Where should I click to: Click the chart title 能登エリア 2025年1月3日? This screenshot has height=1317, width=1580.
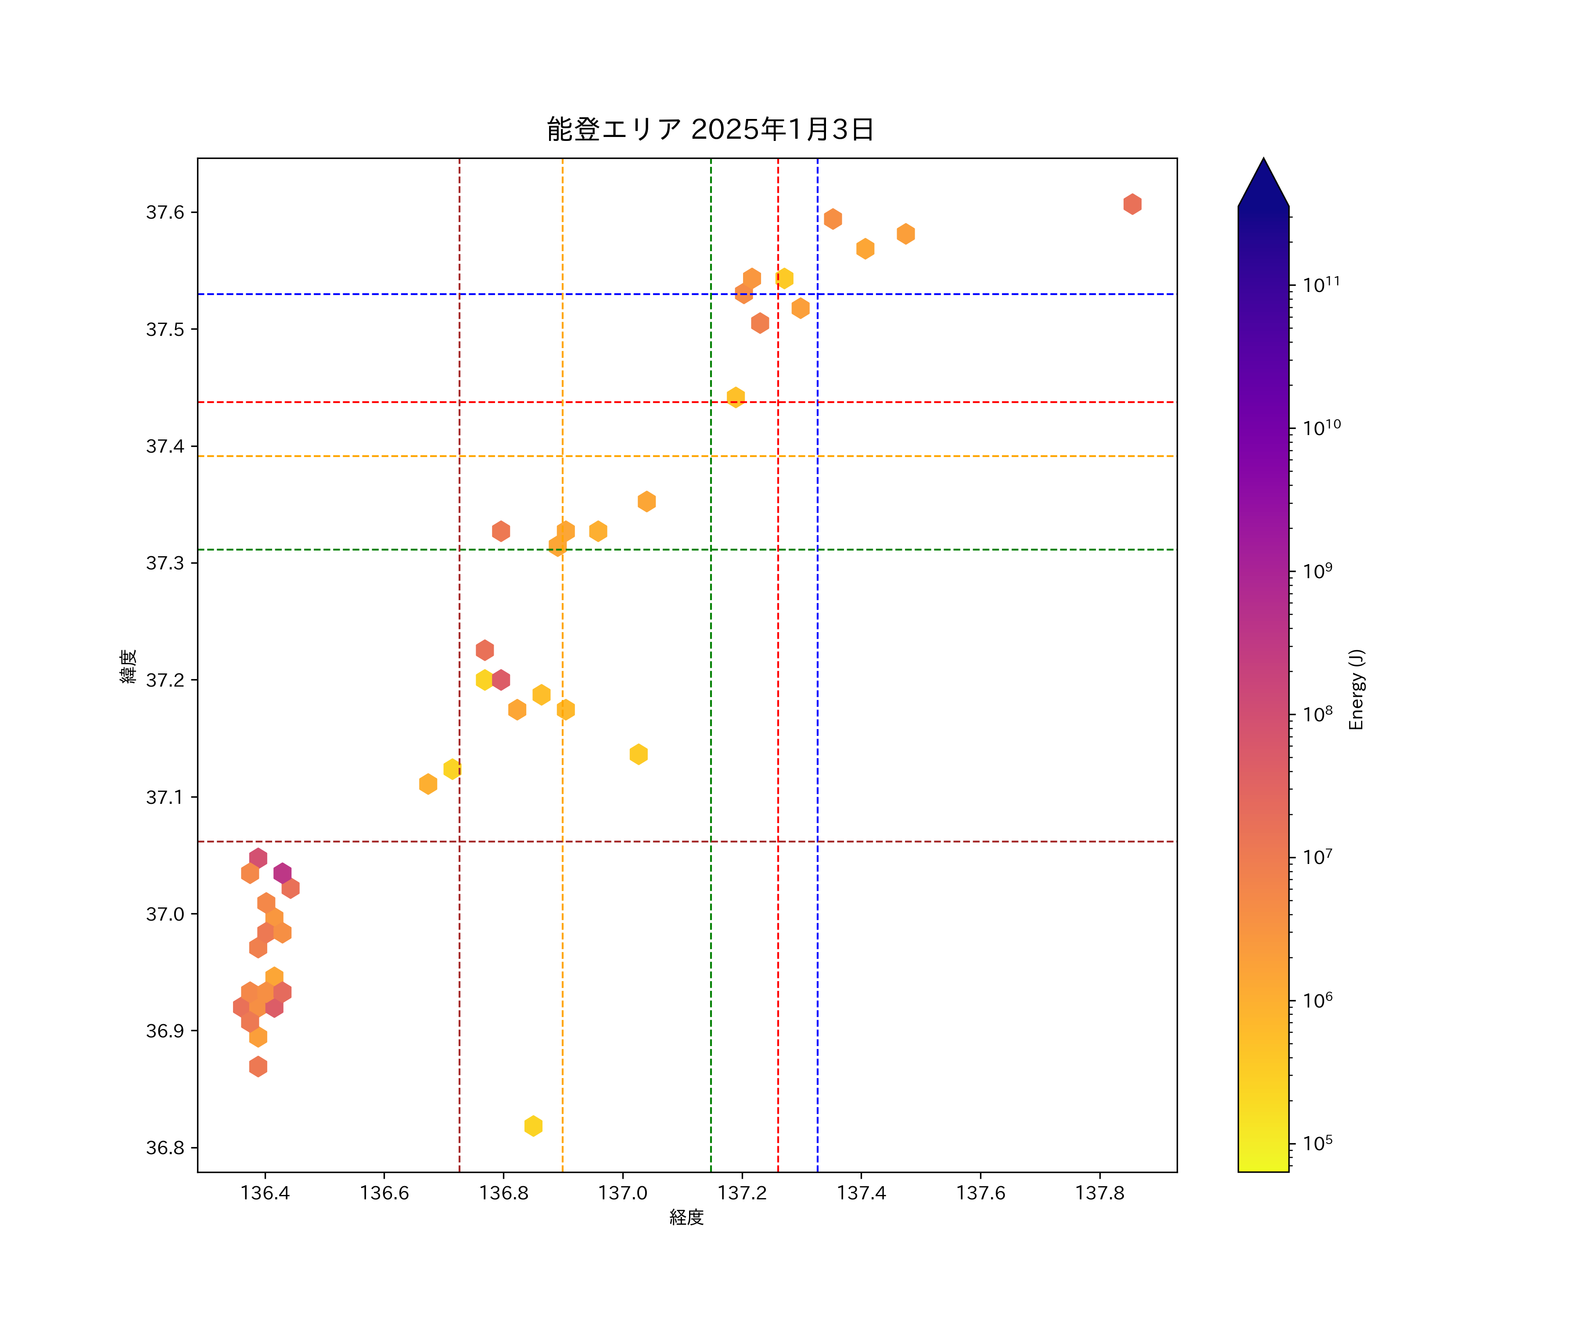click(710, 130)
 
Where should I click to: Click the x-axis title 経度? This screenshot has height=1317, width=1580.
click(686, 1217)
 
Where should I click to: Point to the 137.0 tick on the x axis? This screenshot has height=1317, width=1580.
click(622, 1193)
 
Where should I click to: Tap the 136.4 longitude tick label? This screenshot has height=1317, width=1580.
click(265, 1193)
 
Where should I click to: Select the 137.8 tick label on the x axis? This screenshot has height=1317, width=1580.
click(1099, 1193)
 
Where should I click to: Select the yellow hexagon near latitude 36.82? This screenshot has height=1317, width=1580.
click(533, 1126)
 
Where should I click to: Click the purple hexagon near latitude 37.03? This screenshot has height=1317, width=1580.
click(282, 873)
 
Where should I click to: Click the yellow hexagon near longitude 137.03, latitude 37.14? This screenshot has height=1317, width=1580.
click(638, 754)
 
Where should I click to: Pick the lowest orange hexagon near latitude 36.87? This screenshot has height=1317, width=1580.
click(258, 1066)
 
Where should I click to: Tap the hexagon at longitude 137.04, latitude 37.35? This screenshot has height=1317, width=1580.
click(646, 501)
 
